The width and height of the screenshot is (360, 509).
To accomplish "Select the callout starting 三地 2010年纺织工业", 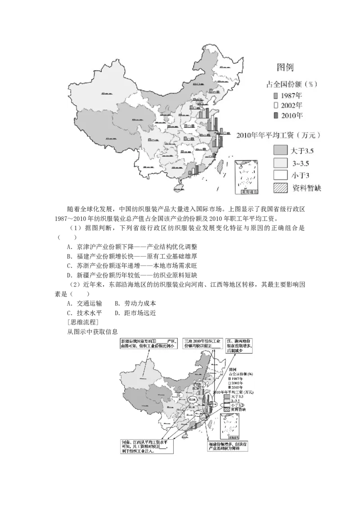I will click(203, 344).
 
